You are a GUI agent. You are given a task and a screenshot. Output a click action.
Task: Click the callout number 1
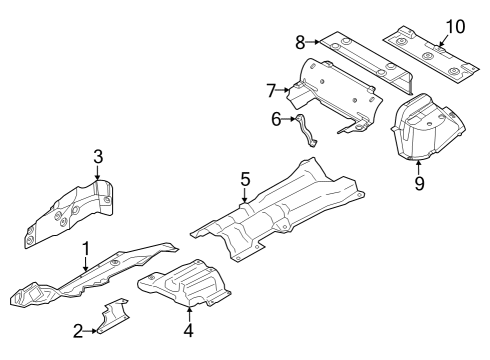[86, 248]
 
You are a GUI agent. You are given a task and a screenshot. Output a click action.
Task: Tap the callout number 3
[98, 156]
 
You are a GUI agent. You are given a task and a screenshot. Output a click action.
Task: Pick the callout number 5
[244, 181]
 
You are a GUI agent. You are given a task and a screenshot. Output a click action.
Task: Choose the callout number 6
[277, 119]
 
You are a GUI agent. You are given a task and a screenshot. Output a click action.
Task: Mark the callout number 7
[270, 90]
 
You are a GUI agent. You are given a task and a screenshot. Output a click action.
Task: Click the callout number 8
[299, 41]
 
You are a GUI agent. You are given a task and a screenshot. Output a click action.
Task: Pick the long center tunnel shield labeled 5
[280, 205]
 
